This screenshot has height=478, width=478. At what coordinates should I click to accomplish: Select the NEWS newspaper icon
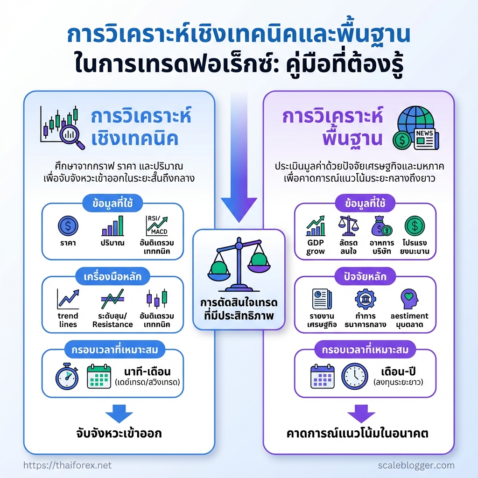tap(423, 138)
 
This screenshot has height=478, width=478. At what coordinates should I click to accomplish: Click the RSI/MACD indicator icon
tap(157, 225)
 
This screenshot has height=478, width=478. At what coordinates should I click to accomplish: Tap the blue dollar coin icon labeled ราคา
tap(68, 226)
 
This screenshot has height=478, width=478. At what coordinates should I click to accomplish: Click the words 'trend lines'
tap(68, 320)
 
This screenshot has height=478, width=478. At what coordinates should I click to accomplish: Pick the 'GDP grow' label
tap(316, 247)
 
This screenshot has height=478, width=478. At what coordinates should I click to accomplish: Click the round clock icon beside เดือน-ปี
tap(354, 376)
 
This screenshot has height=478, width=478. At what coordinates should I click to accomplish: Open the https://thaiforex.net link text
tap(67, 465)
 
